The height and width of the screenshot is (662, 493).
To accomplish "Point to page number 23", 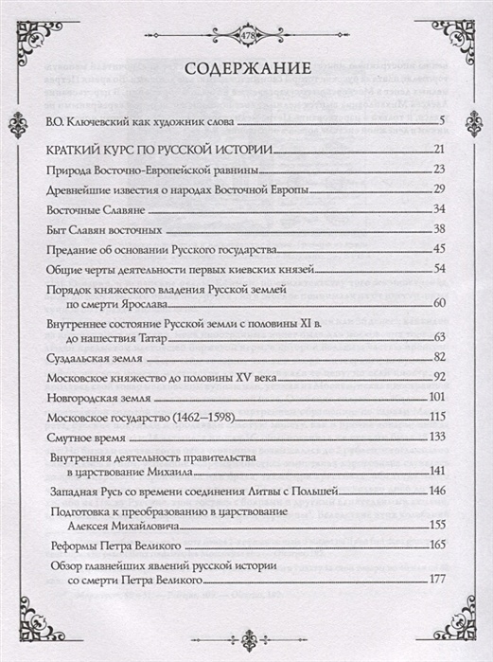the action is (x=438, y=169).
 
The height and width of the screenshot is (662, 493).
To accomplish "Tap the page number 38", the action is (x=438, y=228).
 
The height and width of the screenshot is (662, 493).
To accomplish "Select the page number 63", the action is (x=438, y=337).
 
